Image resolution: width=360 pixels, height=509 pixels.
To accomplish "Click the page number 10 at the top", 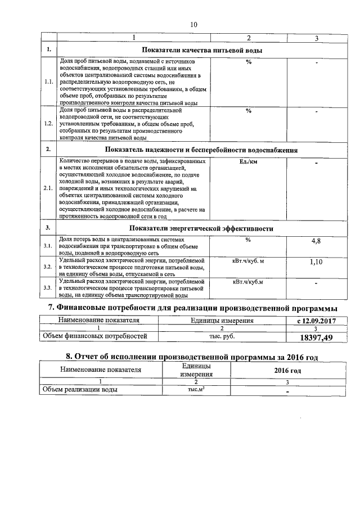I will (x=194, y=24).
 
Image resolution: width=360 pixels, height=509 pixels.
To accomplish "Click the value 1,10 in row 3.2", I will (x=316, y=262).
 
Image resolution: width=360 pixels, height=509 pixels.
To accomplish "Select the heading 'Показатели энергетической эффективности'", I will (x=201, y=228).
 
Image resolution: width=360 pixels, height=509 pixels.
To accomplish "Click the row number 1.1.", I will (x=48, y=82).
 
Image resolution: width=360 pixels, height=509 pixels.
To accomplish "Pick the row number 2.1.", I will (x=48, y=188).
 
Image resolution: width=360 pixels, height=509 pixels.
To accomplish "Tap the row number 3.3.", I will (x=48, y=288).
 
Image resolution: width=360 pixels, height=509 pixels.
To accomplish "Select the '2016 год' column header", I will (x=287, y=371).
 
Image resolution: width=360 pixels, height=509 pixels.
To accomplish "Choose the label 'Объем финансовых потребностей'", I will (x=96, y=336).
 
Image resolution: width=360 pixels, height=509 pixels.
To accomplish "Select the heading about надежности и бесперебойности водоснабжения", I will (x=201, y=150).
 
